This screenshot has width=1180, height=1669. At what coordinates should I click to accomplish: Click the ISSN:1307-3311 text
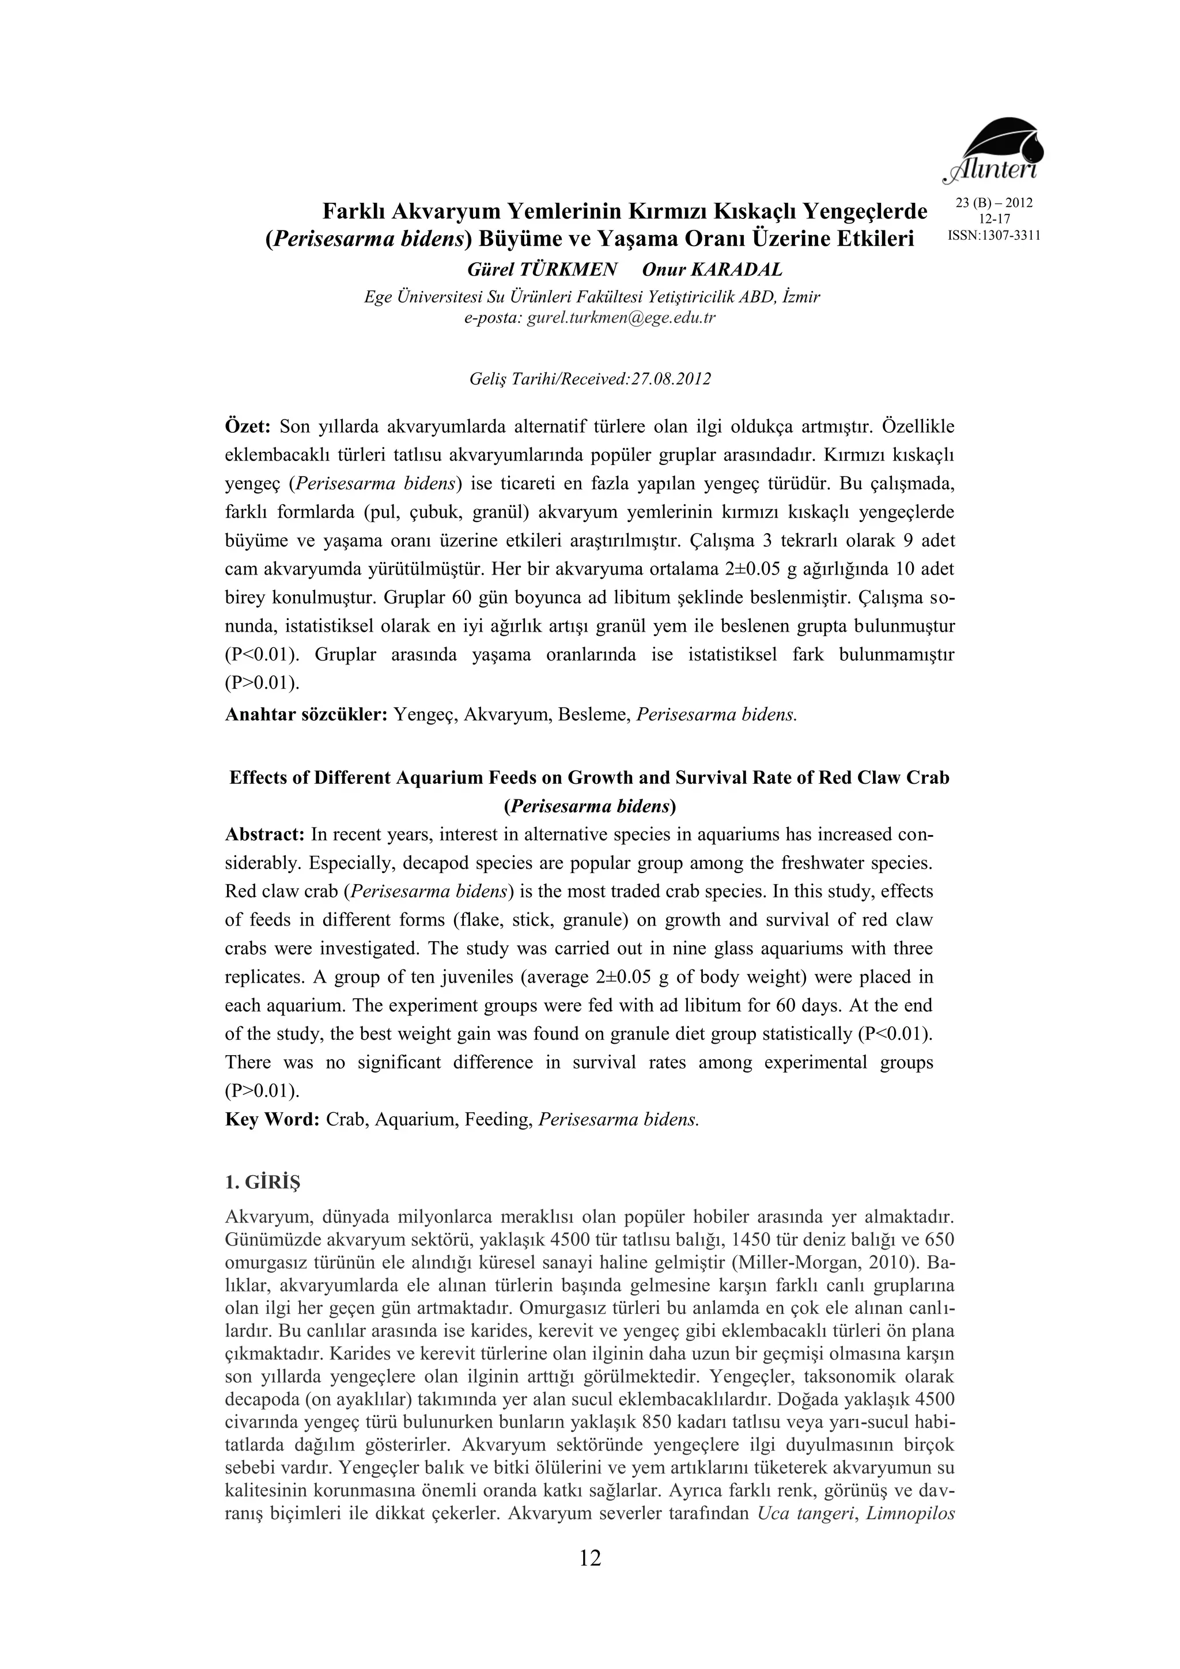tap(994, 236)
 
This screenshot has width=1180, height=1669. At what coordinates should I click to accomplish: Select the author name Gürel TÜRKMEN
tap(542, 270)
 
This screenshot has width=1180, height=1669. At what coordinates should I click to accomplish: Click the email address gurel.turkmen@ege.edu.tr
tap(621, 318)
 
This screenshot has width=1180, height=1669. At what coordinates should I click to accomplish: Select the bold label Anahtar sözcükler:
tap(306, 715)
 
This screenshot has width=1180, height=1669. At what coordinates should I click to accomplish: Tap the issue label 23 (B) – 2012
tap(994, 203)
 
